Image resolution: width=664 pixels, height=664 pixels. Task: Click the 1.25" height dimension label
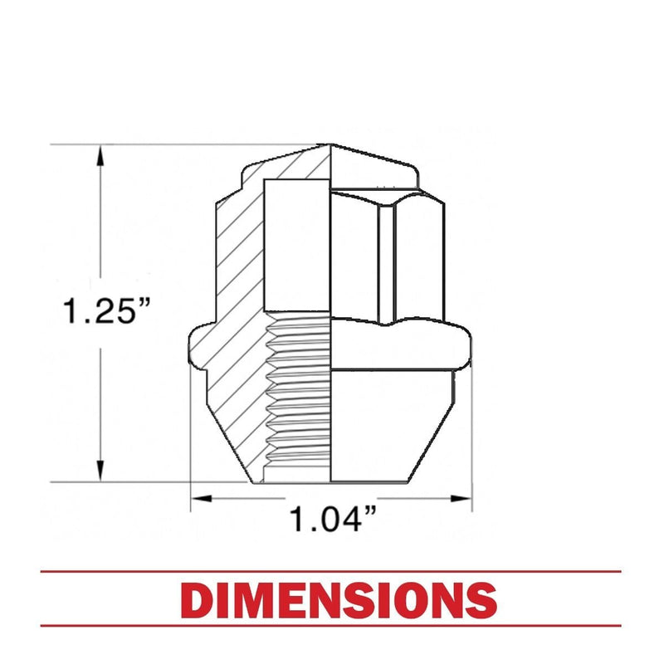coord(106,311)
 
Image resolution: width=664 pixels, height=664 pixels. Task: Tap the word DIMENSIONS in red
coord(339,600)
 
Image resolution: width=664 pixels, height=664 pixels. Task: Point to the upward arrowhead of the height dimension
coord(100,157)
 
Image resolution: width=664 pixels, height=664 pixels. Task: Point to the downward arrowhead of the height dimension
coord(100,470)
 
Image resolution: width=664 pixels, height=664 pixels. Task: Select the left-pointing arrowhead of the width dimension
coord(202,498)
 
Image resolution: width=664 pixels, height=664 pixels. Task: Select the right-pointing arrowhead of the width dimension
coord(461,498)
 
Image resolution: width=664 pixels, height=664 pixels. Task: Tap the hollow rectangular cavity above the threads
coord(297,245)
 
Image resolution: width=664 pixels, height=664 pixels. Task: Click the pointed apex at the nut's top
coord(330,144)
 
